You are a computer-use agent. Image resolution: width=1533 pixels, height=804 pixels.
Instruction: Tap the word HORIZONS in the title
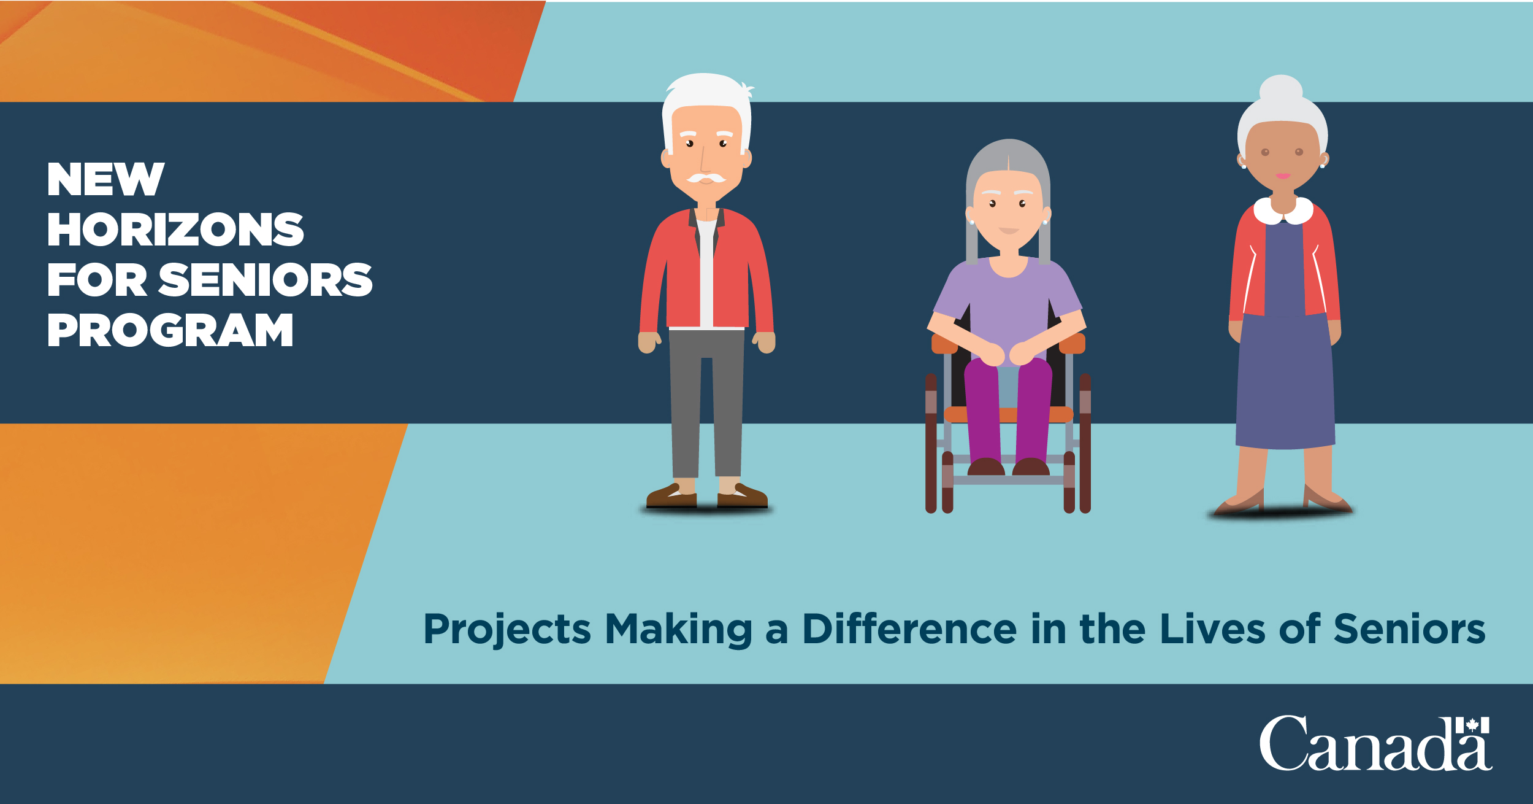pyautogui.click(x=175, y=230)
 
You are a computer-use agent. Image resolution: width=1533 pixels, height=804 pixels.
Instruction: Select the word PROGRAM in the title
pyautogui.click(x=170, y=330)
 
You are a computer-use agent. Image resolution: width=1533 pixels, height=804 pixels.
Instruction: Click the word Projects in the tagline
pyautogui.click(x=507, y=630)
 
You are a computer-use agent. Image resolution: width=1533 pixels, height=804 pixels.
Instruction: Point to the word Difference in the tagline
pyautogui.click(x=910, y=630)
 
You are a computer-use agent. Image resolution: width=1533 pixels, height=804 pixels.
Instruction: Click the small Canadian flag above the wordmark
pyautogui.click(x=1472, y=725)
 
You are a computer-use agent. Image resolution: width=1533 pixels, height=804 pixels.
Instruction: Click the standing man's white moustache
pyautogui.click(x=706, y=178)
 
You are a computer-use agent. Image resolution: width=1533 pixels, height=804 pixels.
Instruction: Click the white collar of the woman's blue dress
pyautogui.click(x=1283, y=211)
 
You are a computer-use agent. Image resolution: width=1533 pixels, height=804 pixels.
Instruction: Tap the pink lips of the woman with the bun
pyautogui.click(x=1283, y=176)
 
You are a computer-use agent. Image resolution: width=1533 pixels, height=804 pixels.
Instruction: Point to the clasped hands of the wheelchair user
pyautogui.click(x=1007, y=354)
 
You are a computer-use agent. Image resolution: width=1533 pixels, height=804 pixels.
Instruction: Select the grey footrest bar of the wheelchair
pyautogui.click(x=1007, y=480)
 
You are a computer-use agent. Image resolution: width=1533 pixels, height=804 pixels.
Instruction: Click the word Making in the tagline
pyautogui.click(x=678, y=630)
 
